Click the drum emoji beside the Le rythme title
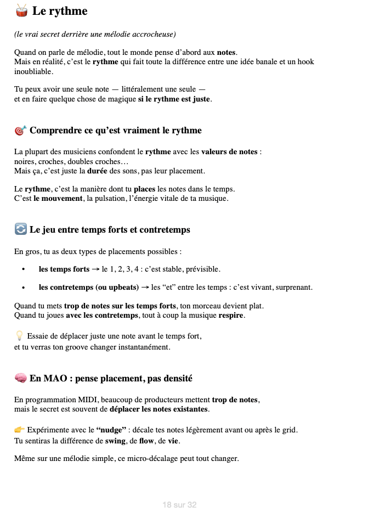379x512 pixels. coord(21,10)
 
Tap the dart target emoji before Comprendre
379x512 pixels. coord(20,131)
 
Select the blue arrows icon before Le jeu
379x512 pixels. coord(20,229)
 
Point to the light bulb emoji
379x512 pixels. coord(19,336)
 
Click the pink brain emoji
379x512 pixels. coord(20,378)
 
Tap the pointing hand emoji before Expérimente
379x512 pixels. coord(19,430)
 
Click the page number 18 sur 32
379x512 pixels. coord(179,504)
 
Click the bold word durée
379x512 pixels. coord(98,171)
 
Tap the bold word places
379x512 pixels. coord(145,189)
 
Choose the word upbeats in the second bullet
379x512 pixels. coord(123,287)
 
